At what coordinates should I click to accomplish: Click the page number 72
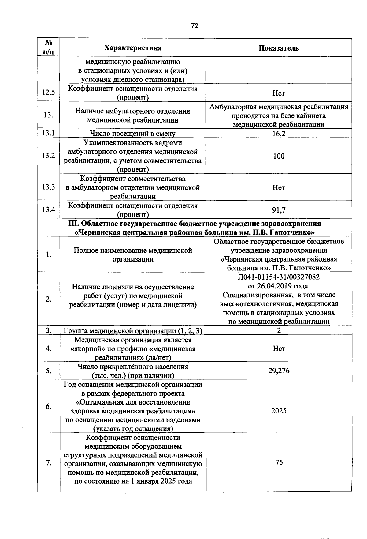pos(195,26)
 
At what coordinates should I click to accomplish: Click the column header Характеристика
pos(133,48)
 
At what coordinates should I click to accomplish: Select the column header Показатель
pos(279,48)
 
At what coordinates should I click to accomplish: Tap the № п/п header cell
pos(49,47)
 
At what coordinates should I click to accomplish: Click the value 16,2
pos(279,134)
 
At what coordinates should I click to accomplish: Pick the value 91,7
pos(279,210)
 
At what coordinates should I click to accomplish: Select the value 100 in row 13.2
pos(279,156)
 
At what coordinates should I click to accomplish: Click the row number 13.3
pos(49,187)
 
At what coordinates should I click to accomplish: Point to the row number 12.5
pos(49,92)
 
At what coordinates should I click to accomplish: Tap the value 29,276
pos(279,371)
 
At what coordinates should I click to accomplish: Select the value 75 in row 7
pos(279,462)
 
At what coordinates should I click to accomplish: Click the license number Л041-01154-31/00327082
pos(279,277)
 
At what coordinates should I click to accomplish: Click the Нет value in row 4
pos(279,349)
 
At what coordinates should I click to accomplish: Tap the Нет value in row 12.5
pos(279,93)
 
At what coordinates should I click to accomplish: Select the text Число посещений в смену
pos(133,134)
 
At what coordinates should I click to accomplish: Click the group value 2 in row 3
pos(279,330)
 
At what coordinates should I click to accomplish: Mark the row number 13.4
pos(49,210)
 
